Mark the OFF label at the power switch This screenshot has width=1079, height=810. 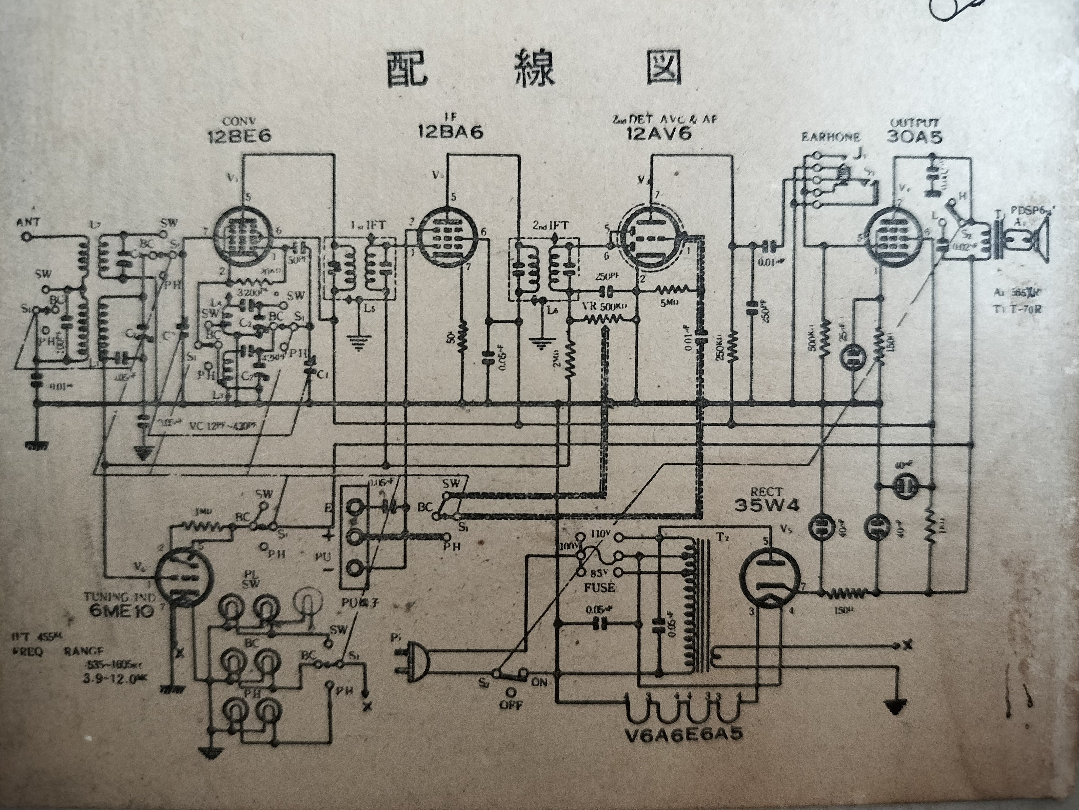tap(510, 706)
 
